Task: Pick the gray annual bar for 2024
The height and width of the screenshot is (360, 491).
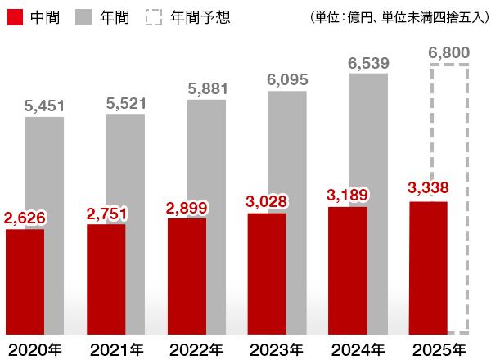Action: click(x=368, y=139)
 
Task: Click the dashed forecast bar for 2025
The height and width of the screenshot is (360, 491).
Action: click(x=448, y=131)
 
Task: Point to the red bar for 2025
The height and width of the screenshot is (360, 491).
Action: click(x=428, y=267)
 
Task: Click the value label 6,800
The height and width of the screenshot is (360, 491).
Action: click(x=448, y=53)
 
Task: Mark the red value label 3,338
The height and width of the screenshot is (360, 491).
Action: click(x=428, y=189)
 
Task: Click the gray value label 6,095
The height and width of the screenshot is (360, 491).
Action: click(x=287, y=79)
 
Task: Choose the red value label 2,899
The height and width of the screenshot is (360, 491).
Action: click(x=187, y=207)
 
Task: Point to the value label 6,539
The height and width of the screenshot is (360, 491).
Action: click(x=368, y=62)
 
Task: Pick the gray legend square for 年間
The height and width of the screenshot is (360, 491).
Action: click(x=85, y=16)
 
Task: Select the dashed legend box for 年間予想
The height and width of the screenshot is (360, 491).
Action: click(x=155, y=16)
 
